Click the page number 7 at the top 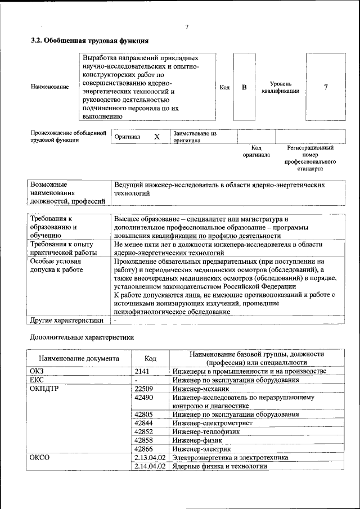click(187, 27)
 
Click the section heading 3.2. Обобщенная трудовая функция click(89, 41)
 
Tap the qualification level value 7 click(326, 87)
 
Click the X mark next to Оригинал click(157, 137)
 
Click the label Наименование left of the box click(50, 87)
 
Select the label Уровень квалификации click(276, 87)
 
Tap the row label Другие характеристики click(66, 321)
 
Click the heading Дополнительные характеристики click(82, 338)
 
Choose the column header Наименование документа click(79, 358)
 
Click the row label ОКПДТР click(46, 389)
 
